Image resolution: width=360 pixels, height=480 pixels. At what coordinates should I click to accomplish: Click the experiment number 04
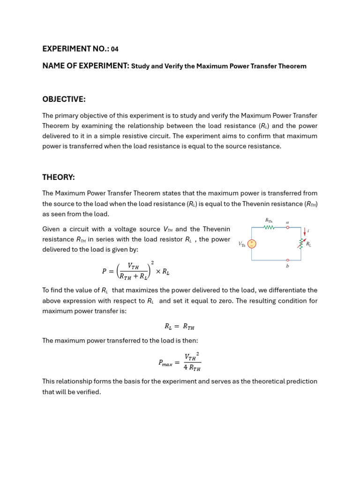pos(115,49)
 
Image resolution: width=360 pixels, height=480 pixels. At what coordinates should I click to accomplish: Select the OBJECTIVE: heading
pos(64,99)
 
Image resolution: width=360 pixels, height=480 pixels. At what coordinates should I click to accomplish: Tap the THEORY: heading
pos(59,177)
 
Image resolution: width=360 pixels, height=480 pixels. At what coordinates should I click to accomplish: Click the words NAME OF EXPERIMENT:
pos(86,66)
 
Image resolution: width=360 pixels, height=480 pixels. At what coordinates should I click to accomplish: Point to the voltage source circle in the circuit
pos(252,244)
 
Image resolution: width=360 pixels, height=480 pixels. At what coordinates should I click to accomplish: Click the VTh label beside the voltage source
pos(241,244)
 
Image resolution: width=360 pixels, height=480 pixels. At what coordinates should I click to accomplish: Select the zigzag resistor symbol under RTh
pos(269,228)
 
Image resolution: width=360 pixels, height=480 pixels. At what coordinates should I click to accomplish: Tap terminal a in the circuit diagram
pos(287,227)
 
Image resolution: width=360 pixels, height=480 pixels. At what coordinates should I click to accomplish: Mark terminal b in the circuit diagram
pos(287,261)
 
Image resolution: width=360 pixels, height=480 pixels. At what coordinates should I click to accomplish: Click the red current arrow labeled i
pos(305,231)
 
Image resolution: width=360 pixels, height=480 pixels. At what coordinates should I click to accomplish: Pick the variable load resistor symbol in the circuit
pos(302,244)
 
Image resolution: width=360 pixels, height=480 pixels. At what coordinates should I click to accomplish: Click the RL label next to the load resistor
pos(309,244)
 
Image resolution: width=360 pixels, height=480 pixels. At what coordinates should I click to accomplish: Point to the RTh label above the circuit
pos(269,220)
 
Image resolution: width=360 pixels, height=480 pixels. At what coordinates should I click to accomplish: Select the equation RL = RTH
pos(180,326)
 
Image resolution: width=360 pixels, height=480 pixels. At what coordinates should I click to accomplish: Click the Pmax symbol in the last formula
pos(165,363)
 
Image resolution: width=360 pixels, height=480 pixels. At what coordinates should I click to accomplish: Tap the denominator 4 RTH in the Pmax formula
pos(192,368)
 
